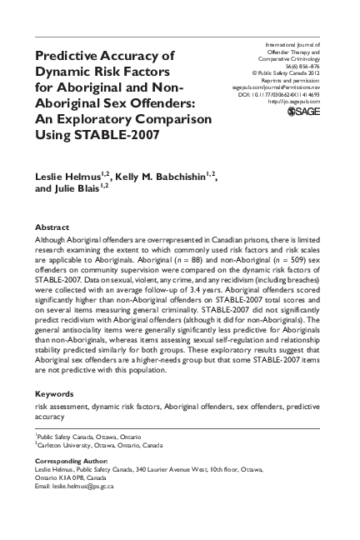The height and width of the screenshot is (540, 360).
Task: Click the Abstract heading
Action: pyautogui.click(x=52, y=226)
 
